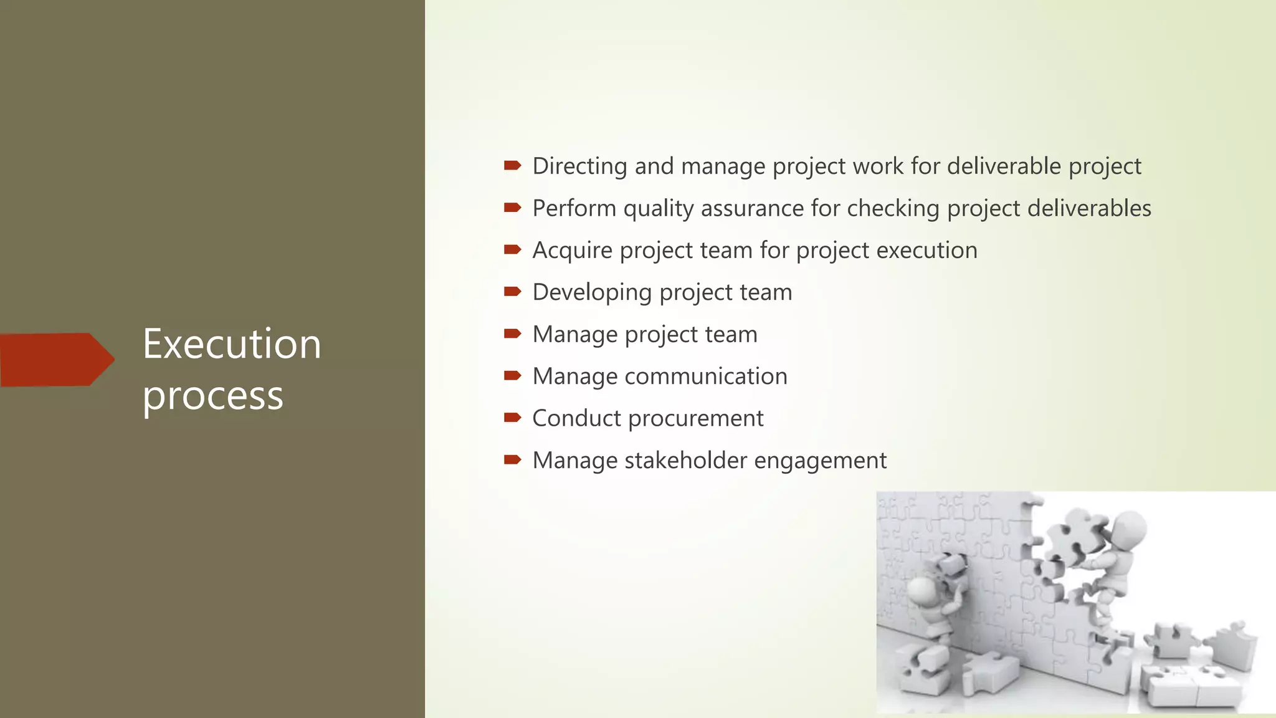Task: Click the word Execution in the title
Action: [x=231, y=344]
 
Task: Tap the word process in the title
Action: [x=212, y=396]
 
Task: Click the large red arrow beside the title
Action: [x=56, y=360]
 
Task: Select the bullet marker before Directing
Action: [x=512, y=165]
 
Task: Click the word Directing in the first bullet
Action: [x=579, y=166]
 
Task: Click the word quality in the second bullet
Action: [x=658, y=209]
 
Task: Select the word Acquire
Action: [x=572, y=251]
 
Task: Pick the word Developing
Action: [x=592, y=293]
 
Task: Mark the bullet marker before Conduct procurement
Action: [x=512, y=417]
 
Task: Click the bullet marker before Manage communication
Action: [x=512, y=375]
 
